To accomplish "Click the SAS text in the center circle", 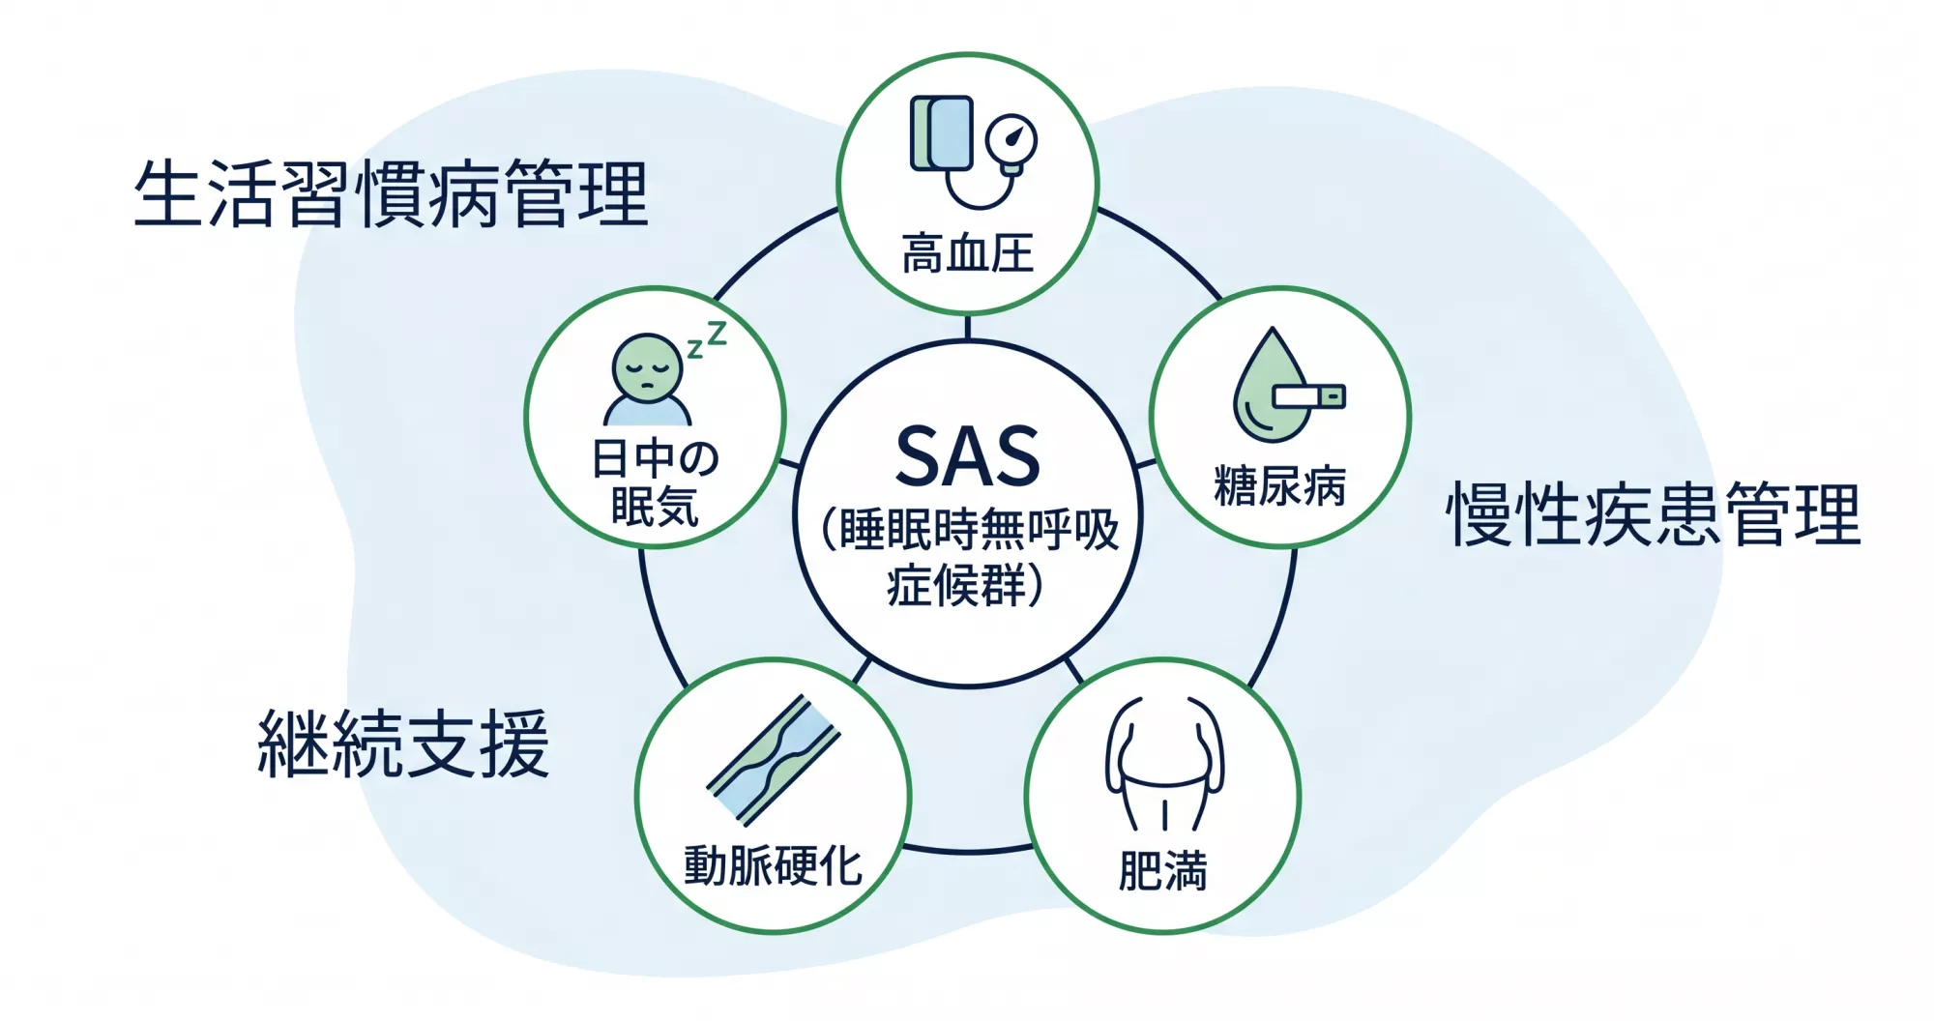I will [967, 456].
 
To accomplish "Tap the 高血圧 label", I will [967, 253].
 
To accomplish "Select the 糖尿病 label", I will [1279, 485].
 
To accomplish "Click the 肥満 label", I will [1162, 870].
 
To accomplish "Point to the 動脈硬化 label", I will [773, 865].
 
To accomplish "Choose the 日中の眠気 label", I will [655, 481].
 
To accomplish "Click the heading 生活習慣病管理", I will [391, 194].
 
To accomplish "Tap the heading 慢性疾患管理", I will [1653, 514].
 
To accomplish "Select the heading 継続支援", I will [403, 744].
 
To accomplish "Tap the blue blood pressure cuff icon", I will [942, 133].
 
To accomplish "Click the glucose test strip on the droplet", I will [1308, 396].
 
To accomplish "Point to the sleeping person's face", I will [647, 365].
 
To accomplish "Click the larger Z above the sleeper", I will [716, 335].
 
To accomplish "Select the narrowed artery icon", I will [773, 760].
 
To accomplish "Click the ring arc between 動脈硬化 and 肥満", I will [967, 851].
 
